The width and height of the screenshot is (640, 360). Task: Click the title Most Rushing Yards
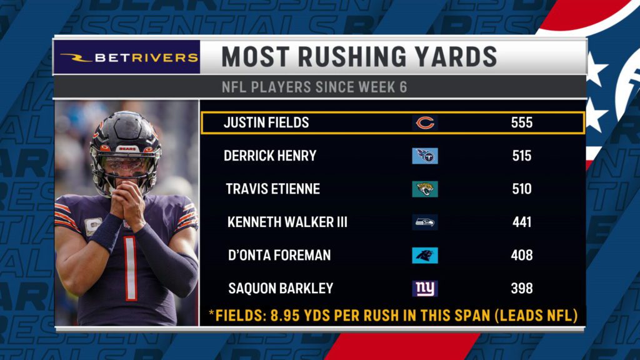point(359,57)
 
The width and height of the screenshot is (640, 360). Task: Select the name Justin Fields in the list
point(266,122)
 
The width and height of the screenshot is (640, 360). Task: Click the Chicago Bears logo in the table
point(425,123)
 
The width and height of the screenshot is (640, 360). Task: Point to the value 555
point(521,122)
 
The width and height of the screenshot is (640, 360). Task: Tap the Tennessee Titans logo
point(425,156)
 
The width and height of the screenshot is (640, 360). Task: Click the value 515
point(521,156)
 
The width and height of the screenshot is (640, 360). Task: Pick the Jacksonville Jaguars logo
point(425,189)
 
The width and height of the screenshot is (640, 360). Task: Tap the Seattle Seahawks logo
point(425,222)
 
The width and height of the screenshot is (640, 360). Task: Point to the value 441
point(521,222)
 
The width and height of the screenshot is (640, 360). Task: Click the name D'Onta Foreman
point(279,255)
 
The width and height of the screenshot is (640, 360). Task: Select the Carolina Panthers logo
point(425,255)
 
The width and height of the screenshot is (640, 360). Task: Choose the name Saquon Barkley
point(281,288)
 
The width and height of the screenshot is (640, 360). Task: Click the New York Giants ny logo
point(425,288)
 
